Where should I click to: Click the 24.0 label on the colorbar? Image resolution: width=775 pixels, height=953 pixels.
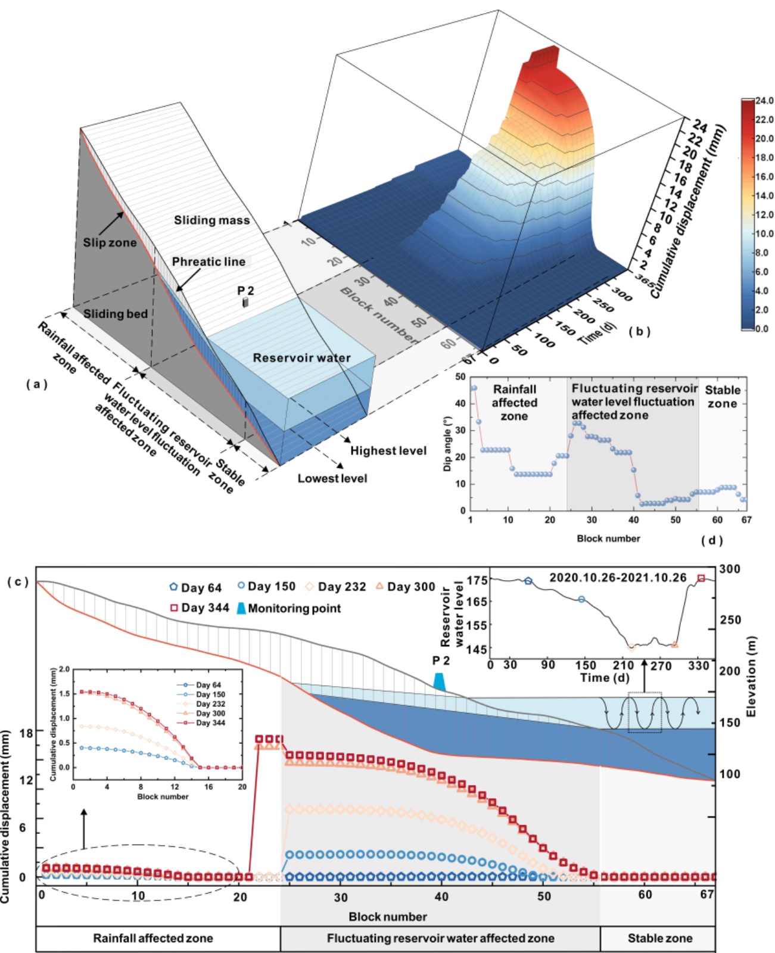(764, 101)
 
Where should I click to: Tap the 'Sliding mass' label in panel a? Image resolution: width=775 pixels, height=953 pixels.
(211, 220)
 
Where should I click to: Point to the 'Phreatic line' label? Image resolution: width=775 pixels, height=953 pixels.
(208, 262)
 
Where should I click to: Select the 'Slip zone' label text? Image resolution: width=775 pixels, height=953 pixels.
(110, 242)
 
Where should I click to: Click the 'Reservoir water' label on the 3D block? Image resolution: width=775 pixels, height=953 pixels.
(301, 358)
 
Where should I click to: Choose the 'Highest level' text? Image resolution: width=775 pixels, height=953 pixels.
(388, 451)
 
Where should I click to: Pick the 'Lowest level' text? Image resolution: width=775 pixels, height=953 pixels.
(332, 478)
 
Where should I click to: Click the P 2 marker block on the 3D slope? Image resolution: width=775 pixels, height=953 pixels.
(245, 303)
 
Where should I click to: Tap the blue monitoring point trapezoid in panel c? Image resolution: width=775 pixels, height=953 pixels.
(439, 681)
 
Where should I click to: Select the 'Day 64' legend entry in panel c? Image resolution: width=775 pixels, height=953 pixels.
(195, 588)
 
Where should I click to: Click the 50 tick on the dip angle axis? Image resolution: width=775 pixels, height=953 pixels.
(460, 377)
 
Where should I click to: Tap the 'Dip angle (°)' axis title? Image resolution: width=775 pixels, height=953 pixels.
(447, 444)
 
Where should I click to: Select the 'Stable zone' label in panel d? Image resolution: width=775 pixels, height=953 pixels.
(722, 397)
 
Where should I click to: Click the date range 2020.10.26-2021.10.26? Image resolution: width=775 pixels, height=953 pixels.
(617, 578)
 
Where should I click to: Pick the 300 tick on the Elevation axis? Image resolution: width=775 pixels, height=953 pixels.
(730, 569)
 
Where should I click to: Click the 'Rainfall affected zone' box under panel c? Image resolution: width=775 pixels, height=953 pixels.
(153, 939)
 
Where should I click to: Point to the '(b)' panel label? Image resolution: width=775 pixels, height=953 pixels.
(639, 331)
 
